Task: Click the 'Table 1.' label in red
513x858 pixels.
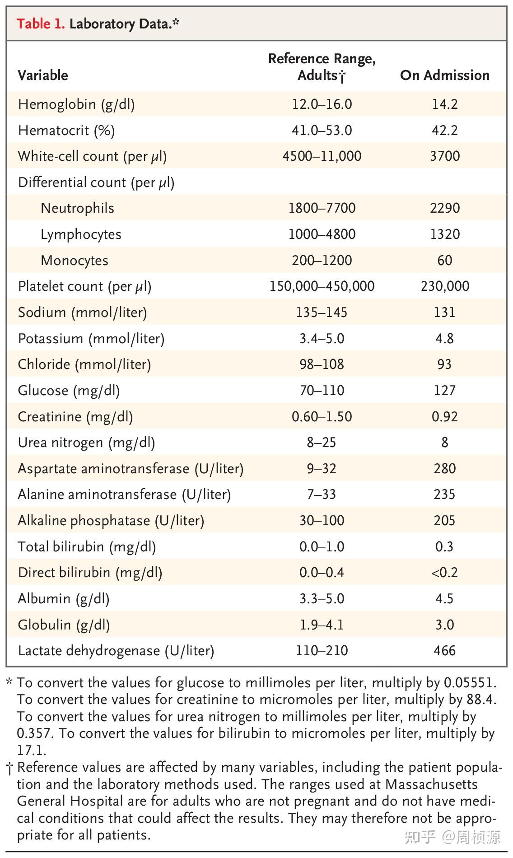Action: [41, 23]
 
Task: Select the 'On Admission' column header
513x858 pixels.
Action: [444, 75]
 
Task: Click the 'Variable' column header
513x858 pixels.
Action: [43, 75]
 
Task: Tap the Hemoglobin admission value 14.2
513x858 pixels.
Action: [444, 104]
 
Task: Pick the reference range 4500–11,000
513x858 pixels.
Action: [322, 156]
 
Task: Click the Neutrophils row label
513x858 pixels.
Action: [77, 208]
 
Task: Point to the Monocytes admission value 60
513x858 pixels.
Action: [444, 261]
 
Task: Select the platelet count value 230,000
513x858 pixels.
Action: [444, 286]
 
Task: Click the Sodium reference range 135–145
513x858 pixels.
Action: [322, 312]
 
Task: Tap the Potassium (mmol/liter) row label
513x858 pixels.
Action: [91, 339]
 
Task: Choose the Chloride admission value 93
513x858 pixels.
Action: [444, 364]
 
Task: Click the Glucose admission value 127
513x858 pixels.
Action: [444, 391]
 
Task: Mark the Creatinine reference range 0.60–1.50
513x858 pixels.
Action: [322, 417]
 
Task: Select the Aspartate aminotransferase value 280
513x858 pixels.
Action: [444, 469]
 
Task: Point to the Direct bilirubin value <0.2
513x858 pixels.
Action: [444, 573]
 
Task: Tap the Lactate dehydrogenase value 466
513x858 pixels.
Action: [444, 651]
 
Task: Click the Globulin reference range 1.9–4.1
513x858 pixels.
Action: [322, 625]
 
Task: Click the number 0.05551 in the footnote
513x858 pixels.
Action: [470, 682]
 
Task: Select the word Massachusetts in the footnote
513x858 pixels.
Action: [431, 784]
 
